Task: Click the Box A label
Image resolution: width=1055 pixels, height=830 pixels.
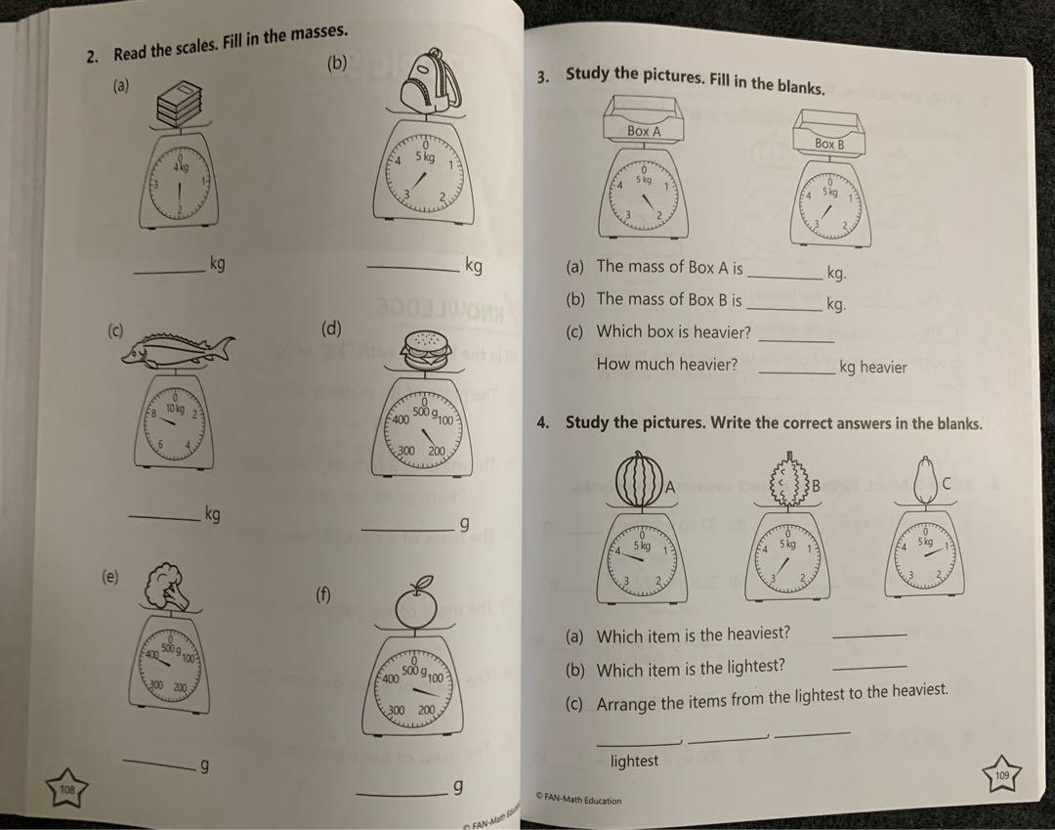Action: click(644, 130)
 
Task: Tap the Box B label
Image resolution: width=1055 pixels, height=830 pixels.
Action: click(828, 144)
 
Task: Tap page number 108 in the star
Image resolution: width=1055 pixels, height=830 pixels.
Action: click(66, 788)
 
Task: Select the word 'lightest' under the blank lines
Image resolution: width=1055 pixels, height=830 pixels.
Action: click(634, 761)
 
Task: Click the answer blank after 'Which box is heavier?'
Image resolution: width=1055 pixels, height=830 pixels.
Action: click(795, 339)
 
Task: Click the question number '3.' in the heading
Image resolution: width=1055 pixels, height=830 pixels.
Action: click(543, 77)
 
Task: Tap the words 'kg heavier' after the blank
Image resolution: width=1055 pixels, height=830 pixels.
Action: click(872, 368)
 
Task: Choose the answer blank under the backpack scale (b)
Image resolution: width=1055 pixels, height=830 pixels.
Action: click(413, 271)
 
